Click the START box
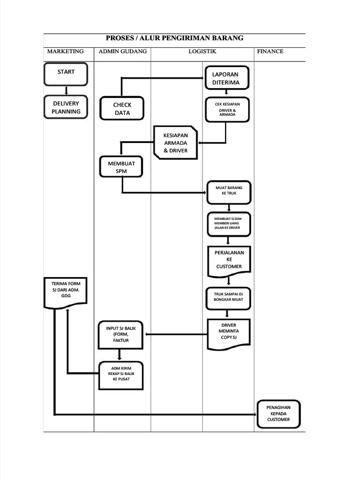coord(66,74)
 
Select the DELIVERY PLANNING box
coord(66,107)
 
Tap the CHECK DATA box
coord(122,109)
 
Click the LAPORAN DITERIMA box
coord(226,78)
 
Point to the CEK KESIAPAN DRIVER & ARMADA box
coord(227,109)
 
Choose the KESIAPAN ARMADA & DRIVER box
coord(176,142)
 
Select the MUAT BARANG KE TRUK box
coord(229,191)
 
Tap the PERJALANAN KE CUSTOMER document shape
coord(229,259)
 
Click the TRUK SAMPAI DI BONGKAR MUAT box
coord(229,297)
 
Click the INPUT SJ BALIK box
coord(120,334)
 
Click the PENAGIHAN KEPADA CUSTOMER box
coord(278,413)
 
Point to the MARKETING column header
coord(66,52)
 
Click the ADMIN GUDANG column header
coord(122,52)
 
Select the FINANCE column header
coord(270,52)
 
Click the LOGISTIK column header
coord(202,52)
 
